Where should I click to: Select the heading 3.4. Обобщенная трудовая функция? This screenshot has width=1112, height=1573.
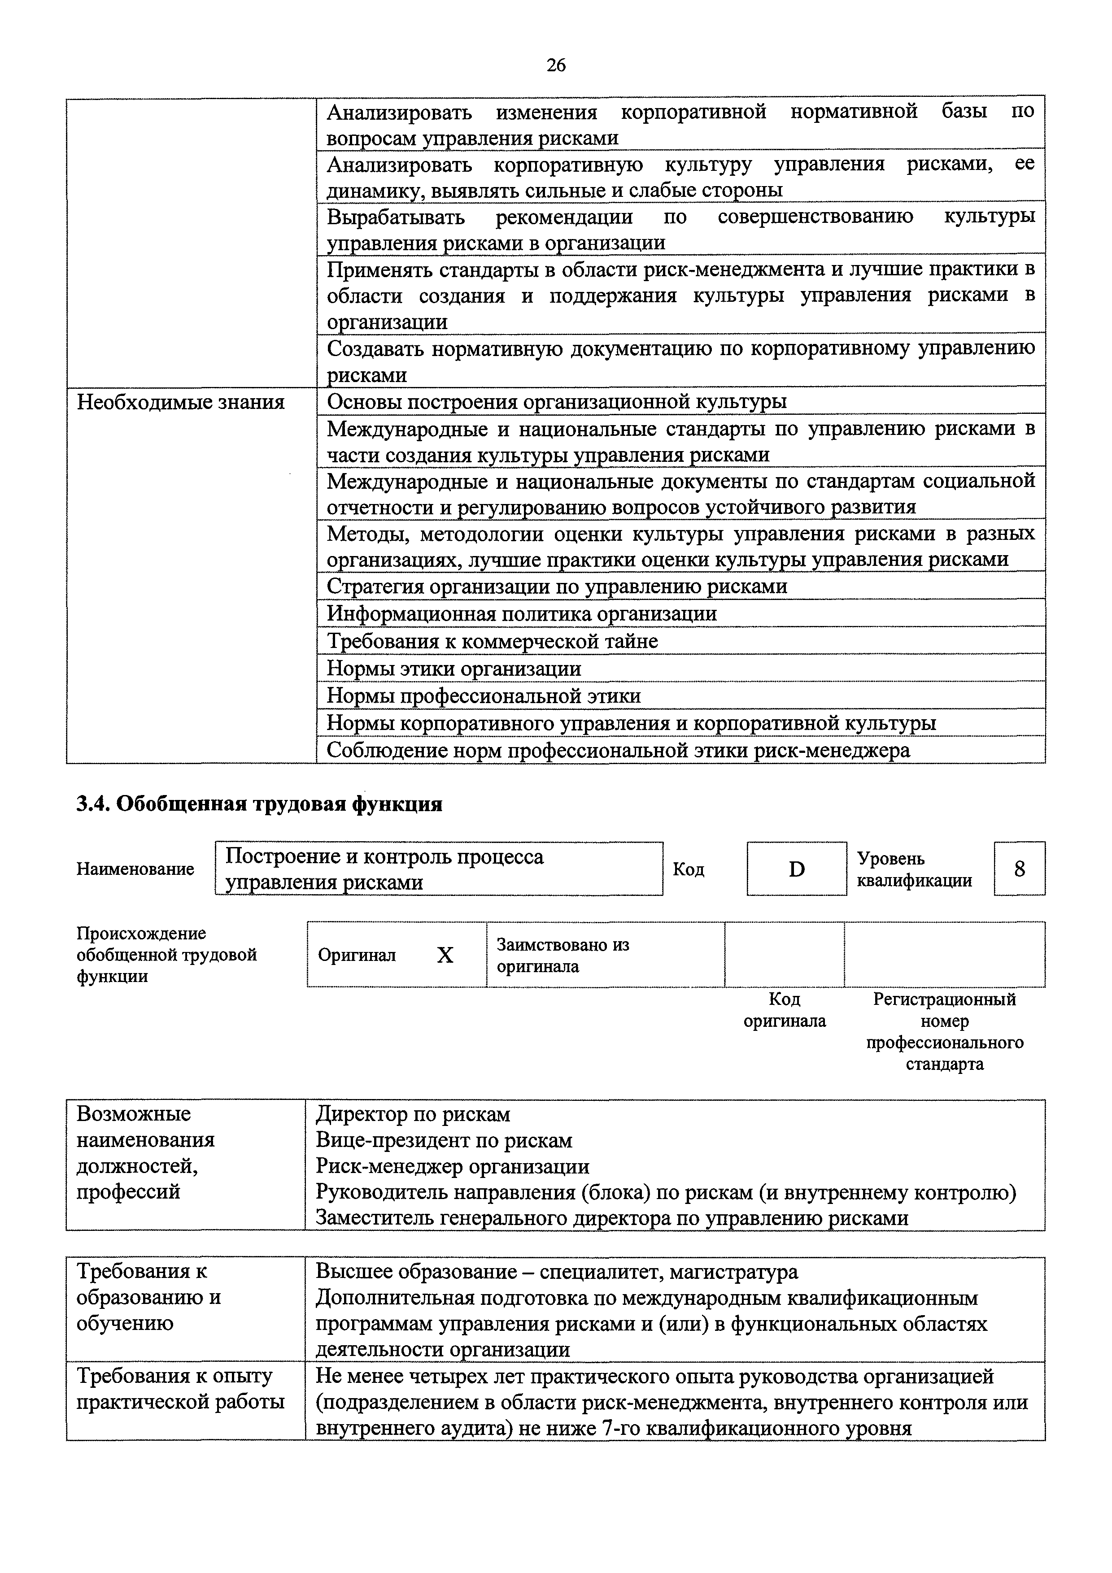pos(259,804)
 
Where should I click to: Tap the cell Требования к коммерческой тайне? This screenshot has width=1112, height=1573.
pos(492,641)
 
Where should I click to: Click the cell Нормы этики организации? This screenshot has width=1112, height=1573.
pos(454,668)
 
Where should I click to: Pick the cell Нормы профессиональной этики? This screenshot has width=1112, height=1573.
pos(484,695)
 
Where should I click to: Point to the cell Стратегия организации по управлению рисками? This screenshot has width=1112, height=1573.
pos(556,587)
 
